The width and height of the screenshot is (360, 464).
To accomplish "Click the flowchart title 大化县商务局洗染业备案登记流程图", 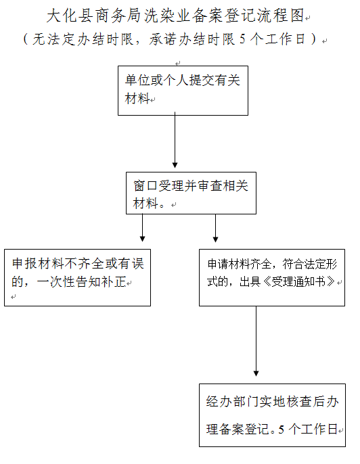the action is [x=175, y=16].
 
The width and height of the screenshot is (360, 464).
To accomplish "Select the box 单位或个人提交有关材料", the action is [x=183, y=91].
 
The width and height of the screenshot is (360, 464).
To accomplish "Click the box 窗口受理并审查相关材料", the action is [x=191, y=193].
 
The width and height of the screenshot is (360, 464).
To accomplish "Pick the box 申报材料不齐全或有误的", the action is [x=78, y=277].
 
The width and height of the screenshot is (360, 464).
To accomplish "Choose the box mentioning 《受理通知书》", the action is [x=272, y=277].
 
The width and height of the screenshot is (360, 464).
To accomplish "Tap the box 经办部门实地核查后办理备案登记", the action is [x=272, y=415].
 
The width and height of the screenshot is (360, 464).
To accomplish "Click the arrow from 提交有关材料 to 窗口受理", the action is [x=175, y=140].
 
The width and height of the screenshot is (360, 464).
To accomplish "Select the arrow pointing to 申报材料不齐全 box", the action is [x=142, y=228].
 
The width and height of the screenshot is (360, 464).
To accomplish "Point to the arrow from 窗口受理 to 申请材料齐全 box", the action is [x=215, y=228].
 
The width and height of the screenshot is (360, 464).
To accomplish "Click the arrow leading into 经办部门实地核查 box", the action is [x=256, y=341].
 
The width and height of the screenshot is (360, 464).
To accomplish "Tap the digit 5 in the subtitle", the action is [x=242, y=39].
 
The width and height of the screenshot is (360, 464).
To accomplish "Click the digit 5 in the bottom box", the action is [x=282, y=430].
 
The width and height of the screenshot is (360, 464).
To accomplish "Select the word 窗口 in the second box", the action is [x=145, y=185].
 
